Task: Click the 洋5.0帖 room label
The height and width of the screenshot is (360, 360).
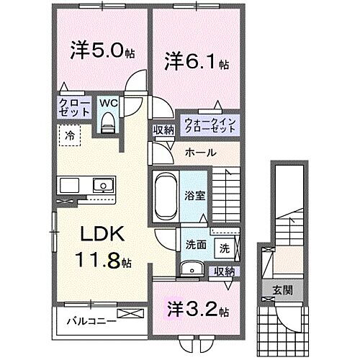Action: click(99, 52)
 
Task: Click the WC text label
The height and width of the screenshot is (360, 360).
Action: click(108, 102)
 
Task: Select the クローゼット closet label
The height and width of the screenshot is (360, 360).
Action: click(75, 109)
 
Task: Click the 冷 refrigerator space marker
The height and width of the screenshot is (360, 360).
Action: click(69, 134)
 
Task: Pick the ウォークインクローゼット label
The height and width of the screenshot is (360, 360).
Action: click(210, 125)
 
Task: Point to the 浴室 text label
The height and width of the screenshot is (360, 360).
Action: click(195, 194)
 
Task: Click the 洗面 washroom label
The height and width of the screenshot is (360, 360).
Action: click(195, 244)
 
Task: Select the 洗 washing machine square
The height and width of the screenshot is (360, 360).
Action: click(225, 248)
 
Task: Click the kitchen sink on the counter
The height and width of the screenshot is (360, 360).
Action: click(105, 186)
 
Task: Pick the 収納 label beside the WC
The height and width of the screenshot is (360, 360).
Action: click(161, 130)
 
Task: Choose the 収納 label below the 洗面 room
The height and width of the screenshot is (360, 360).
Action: click(224, 271)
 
